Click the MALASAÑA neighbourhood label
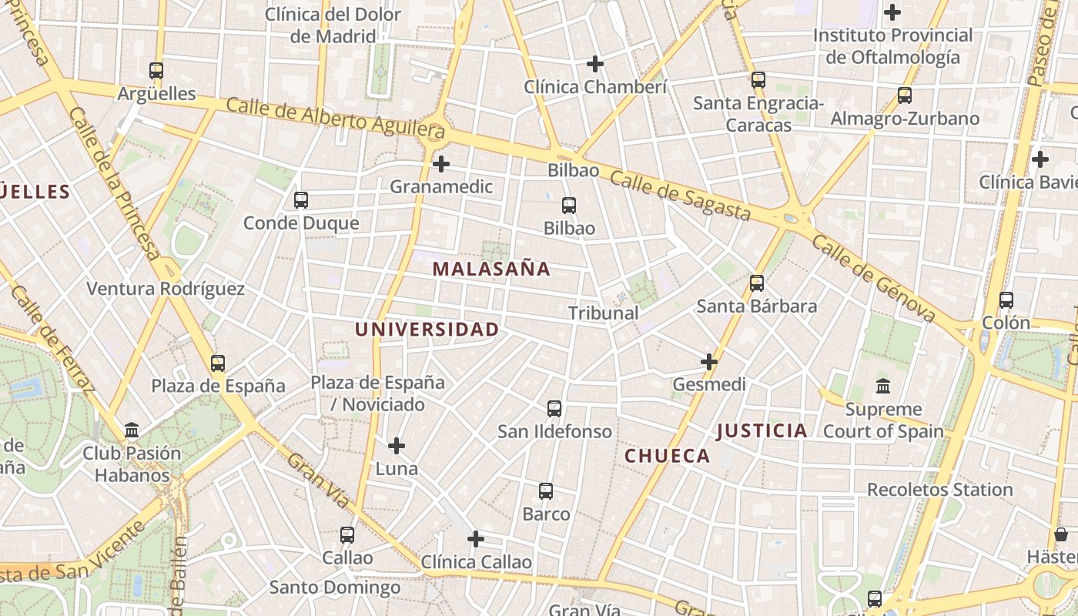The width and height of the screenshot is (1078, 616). point(491,269)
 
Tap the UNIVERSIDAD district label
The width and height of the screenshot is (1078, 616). point(427,330)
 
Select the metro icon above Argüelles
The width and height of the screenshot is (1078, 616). point(156,71)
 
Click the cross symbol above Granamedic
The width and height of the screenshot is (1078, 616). point(440,163)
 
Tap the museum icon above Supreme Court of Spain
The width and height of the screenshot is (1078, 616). point(883,386)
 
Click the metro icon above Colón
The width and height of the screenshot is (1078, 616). point(1006,300)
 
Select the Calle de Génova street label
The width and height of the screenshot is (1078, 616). point(873,279)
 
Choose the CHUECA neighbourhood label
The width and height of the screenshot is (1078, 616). point(667,456)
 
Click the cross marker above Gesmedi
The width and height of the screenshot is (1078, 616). point(709,361)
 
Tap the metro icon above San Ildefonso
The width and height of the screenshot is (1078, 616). point(554,409)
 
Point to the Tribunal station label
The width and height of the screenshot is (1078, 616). point(604,313)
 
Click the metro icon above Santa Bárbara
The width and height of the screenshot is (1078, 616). point(757,283)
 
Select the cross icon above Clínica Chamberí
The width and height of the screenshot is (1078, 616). point(595,64)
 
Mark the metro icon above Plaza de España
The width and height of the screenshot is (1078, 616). point(218,363)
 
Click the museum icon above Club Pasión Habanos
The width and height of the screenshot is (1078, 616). point(132,430)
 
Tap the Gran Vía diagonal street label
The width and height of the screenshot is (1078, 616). point(318,481)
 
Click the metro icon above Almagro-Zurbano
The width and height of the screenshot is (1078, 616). point(905,95)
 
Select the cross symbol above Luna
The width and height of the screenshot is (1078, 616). point(397,446)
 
